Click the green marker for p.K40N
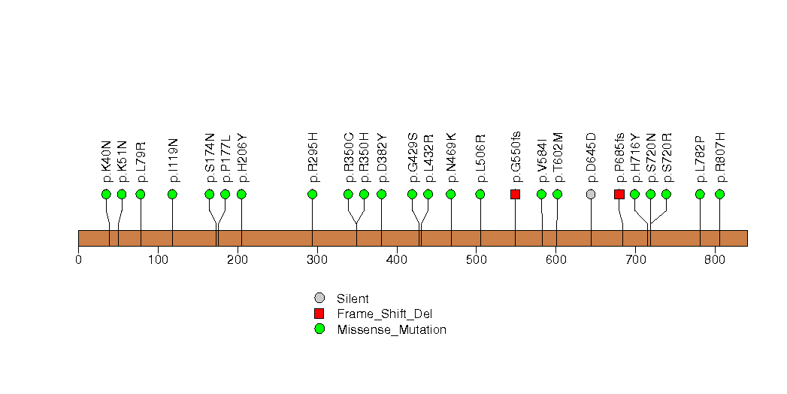click(106, 194)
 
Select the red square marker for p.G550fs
click(515, 194)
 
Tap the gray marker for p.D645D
click(591, 194)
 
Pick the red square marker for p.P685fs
click(619, 194)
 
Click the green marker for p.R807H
click(719, 194)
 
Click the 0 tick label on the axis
click(78, 260)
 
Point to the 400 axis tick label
click(396, 260)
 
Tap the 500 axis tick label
click(476, 260)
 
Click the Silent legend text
click(353, 299)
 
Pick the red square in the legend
click(319, 314)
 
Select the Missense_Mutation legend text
click(392, 329)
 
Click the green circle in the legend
click(319, 329)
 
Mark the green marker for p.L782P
click(700, 194)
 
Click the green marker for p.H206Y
click(241, 194)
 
